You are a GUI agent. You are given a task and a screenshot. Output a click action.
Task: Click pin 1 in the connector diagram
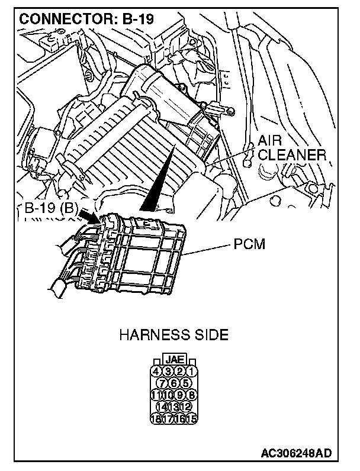pos(191,372)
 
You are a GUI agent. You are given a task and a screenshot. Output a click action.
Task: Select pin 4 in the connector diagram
pos(157,372)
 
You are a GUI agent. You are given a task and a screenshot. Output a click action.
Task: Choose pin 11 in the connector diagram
pos(157,395)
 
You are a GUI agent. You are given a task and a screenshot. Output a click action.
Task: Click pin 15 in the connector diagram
pos(192,417)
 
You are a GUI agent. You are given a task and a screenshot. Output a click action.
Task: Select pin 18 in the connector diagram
pos(157,417)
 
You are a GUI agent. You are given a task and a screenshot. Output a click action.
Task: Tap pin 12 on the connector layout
pos(186,406)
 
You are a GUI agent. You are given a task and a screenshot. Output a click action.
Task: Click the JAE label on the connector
pos(174,359)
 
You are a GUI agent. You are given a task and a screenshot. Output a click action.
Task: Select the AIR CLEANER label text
pos(290,148)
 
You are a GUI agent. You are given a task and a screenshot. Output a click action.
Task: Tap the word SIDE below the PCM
pos(210,335)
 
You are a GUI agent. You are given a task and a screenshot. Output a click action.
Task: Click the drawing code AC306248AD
pos(296,454)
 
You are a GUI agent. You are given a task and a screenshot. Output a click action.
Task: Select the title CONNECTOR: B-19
pos(86,19)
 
